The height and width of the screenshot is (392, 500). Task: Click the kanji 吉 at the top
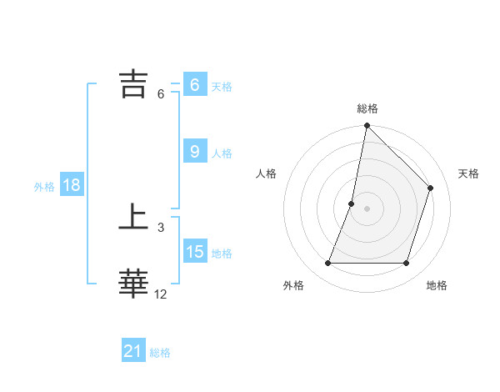[x=134, y=83]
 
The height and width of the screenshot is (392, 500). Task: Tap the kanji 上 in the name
[x=134, y=219]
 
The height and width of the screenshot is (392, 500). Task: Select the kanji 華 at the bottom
[x=134, y=284]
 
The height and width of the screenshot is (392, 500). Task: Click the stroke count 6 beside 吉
[x=160, y=94]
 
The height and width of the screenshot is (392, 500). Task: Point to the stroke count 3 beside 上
[x=160, y=228]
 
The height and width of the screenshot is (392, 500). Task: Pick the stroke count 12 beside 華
[x=160, y=294]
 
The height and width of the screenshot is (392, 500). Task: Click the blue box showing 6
[x=195, y=84]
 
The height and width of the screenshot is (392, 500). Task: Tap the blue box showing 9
[x=195, y=151]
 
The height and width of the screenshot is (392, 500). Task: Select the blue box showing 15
[x=195, y=251]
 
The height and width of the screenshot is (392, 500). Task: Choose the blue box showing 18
[x=72, y=185]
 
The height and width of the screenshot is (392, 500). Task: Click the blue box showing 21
[x=133, y=351]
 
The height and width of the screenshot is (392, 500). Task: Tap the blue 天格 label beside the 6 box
[x=222, y=86]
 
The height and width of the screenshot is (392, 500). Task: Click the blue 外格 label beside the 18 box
[x=44, y=187]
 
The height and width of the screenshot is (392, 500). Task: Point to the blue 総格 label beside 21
[x=160, y=353]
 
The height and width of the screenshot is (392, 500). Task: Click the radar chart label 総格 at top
[x=367, y=108]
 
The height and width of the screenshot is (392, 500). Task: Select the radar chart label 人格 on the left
[x=267, y=173]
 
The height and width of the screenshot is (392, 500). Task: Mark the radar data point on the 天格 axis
[x=431, y=188]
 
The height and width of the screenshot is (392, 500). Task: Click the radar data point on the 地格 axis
[x=407, y=264]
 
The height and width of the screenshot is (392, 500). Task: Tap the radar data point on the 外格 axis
[x=327, y=264]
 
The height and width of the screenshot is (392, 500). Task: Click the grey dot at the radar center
[x=367, y=209]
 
